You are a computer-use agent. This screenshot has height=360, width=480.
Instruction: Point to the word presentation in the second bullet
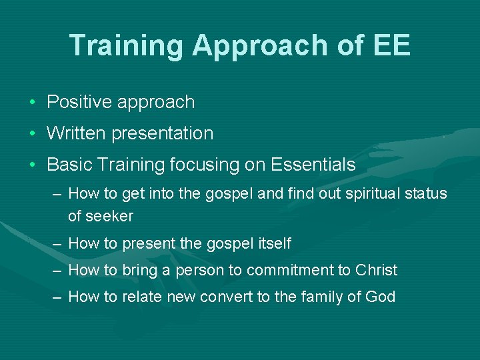coord(163,133)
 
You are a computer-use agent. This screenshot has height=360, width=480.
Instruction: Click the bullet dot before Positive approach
coord(32,103)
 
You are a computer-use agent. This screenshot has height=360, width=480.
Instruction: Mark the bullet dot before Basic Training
coord(32,165)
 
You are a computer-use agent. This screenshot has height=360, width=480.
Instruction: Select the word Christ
coord(377,270)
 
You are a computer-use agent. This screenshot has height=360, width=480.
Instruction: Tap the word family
coord(327,297)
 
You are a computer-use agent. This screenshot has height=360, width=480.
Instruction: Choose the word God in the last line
coord(381,297)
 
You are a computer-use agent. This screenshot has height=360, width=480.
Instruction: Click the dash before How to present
coord(58,244)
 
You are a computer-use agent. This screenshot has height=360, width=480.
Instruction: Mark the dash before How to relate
coord(58,297)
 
